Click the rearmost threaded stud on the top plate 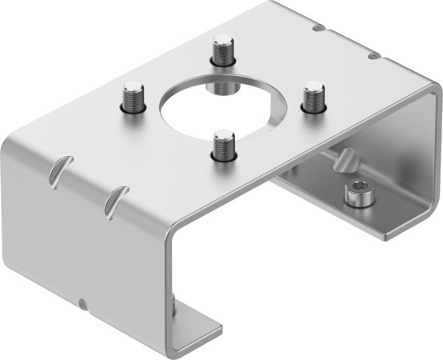coord(221,51)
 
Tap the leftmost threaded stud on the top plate coord(132,97)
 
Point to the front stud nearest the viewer coord(225,144)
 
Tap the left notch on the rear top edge coord(319,28)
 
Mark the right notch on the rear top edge coord(372,55)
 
